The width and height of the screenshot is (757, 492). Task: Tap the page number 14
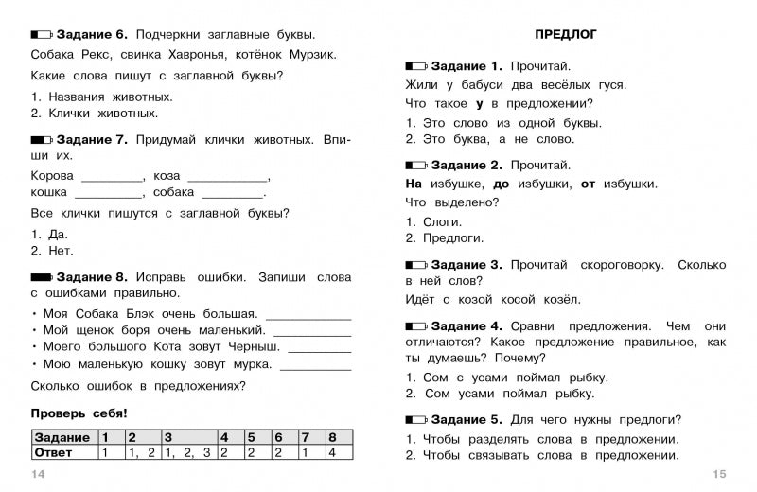[x=38, y=473]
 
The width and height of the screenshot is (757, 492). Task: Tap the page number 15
[x=719, y=473]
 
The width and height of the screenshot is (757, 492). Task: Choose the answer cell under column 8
[x=333, y=452]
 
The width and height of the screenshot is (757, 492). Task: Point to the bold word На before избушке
[x=414, y=184]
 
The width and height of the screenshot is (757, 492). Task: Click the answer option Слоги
[x=443, y=220]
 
